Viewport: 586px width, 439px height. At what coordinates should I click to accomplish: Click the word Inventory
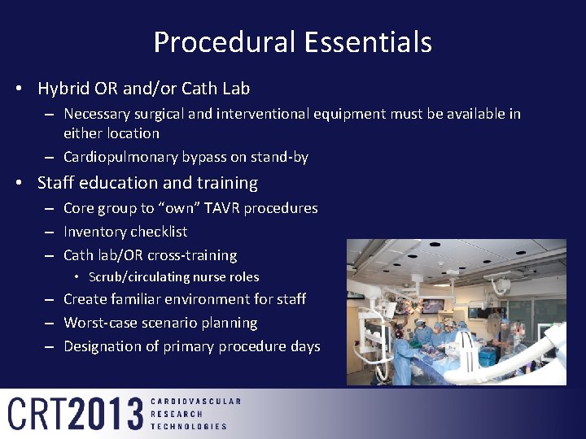[x=94, y=232]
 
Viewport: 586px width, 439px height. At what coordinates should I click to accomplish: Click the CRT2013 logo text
[x=76, y=414]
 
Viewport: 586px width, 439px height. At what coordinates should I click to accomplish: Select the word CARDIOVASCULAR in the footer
[x=195, y=402]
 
